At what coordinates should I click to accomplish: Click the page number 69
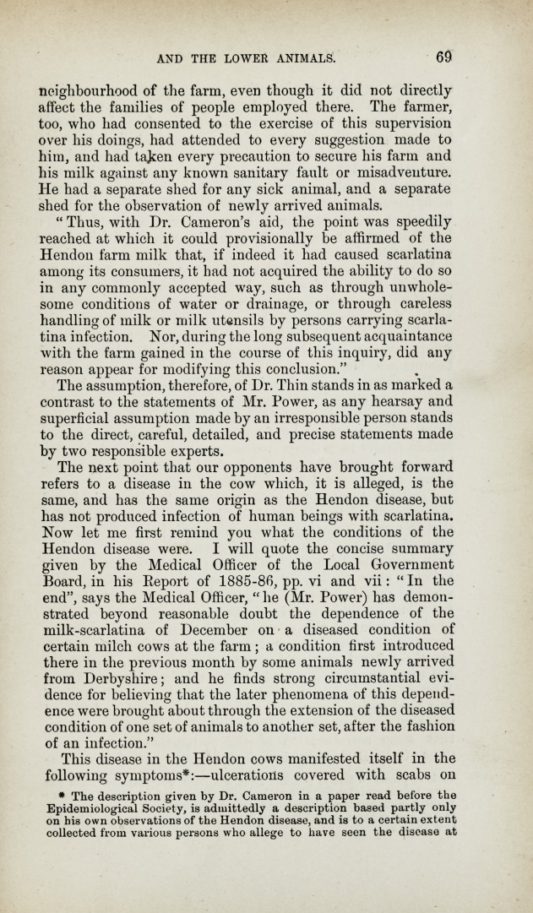tap(444, 57)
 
